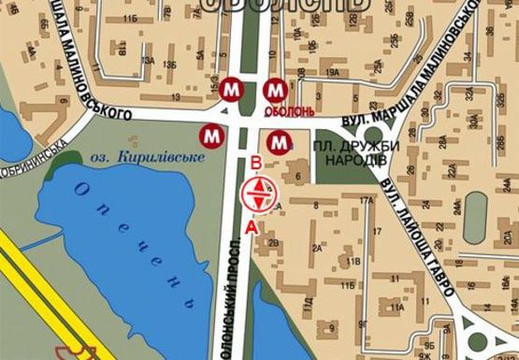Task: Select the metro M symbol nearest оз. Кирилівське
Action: point(214,135)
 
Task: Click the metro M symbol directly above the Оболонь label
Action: point(276,90)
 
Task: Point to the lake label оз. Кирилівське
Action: point(150,158)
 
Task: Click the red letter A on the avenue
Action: point(250,226)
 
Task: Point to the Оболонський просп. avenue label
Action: point(236,299)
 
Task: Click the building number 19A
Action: point(331,72)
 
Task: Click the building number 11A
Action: point(397,307)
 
